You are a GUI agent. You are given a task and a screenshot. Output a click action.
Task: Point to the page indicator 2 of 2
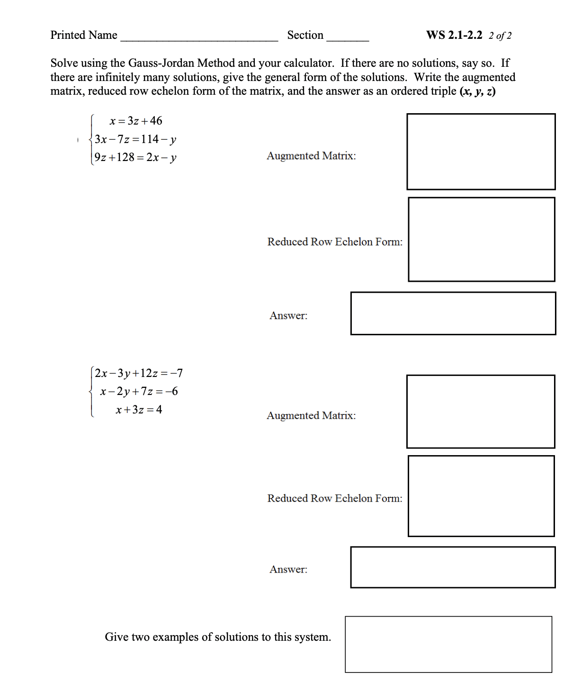(500, 36)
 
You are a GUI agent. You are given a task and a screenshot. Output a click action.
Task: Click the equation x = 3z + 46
(136, 121)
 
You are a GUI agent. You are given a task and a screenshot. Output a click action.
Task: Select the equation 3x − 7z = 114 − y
(135, 139)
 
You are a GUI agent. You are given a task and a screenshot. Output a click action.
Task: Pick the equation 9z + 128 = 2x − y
(135, 157)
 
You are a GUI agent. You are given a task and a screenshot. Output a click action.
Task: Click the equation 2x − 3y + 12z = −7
(139, 373)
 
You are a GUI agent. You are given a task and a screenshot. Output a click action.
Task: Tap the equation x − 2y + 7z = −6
(139, 391)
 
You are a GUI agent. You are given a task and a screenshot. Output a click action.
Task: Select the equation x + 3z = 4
(139, 410)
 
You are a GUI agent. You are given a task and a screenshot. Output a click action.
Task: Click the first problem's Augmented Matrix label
(311, 156)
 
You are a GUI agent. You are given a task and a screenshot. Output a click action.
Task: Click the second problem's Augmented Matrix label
(311, 415)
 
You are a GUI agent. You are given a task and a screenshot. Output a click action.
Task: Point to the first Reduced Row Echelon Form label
(335, 242)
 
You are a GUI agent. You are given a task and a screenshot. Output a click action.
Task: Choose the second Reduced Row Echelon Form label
(335, 498)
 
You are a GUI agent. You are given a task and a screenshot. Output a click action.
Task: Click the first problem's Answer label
(288, 315)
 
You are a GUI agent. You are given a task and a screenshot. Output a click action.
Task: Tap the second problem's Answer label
(288, 569)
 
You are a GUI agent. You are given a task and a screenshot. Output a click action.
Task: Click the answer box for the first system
(453, 314)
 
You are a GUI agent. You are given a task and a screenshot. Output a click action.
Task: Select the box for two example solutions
(448, 644)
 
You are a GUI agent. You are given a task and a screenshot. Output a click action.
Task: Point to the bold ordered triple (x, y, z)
(477, 91)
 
